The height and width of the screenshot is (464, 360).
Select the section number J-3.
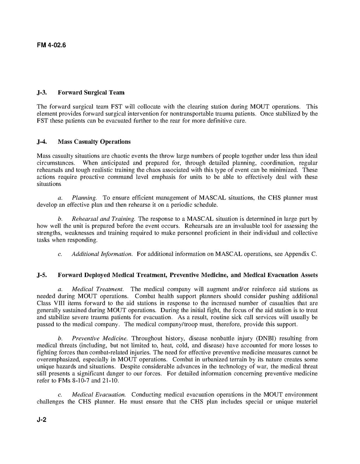click(42, 93)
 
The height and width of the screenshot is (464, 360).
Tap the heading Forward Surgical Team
click(91, 93)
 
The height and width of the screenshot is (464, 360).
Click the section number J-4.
click(42, 142)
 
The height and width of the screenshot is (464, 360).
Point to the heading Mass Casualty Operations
click(94, 142)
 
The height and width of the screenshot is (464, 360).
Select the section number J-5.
click(42, 275)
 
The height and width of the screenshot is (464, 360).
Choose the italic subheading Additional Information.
click(102, 254)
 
